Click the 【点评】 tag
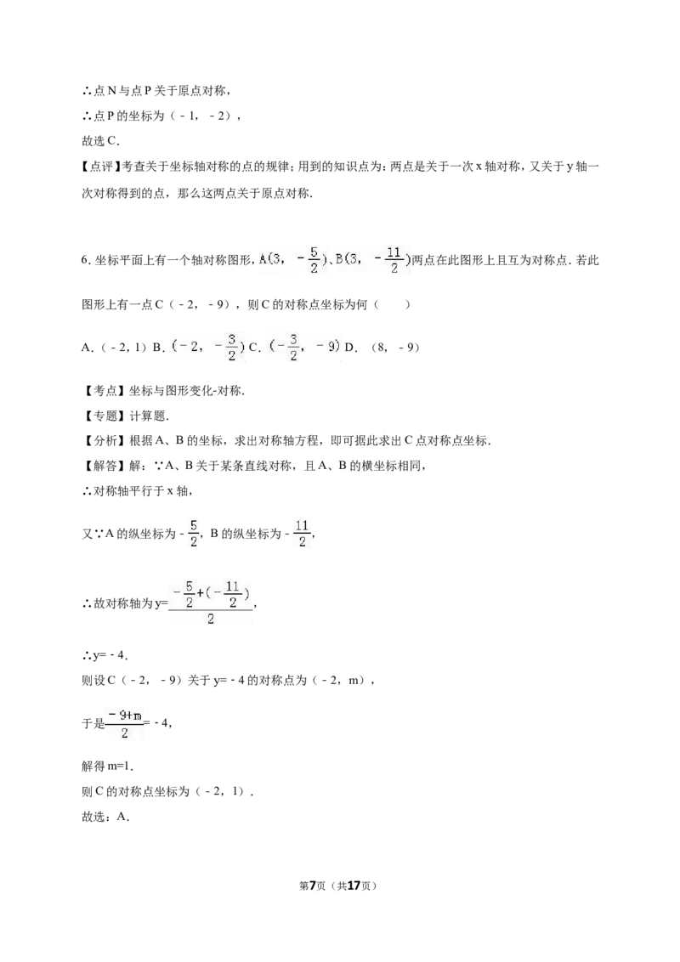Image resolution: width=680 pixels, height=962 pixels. pos(102,167)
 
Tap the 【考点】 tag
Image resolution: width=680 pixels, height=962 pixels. pos(102,390)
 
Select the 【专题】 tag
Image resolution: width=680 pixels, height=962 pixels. pos(102,416)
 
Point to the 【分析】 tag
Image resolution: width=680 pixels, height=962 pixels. pos(102,440)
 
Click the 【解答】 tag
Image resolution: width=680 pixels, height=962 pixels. pos(102,466)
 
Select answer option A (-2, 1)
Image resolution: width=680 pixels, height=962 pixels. pos(115,348)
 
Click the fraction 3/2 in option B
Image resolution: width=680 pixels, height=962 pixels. pos(231,348)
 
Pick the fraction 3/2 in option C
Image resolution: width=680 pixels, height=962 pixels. pos(293,348)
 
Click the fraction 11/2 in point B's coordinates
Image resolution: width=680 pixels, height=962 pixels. pos(394,260)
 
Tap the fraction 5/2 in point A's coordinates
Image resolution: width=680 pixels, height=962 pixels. pos(314,260)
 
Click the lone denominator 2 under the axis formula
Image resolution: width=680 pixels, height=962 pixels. pos(211,620)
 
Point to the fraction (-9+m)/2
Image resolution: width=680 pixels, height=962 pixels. pos(125,724)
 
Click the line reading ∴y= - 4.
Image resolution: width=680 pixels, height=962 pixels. pos(105,655)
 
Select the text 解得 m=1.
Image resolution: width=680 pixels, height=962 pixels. pos(108,767)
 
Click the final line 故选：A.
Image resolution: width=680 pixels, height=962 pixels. pos(105,817)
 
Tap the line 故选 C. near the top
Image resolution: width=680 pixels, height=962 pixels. pos(100,141)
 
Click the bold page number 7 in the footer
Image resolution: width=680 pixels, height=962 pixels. pos(313,886)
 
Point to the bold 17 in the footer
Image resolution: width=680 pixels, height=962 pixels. pos(354,886)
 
